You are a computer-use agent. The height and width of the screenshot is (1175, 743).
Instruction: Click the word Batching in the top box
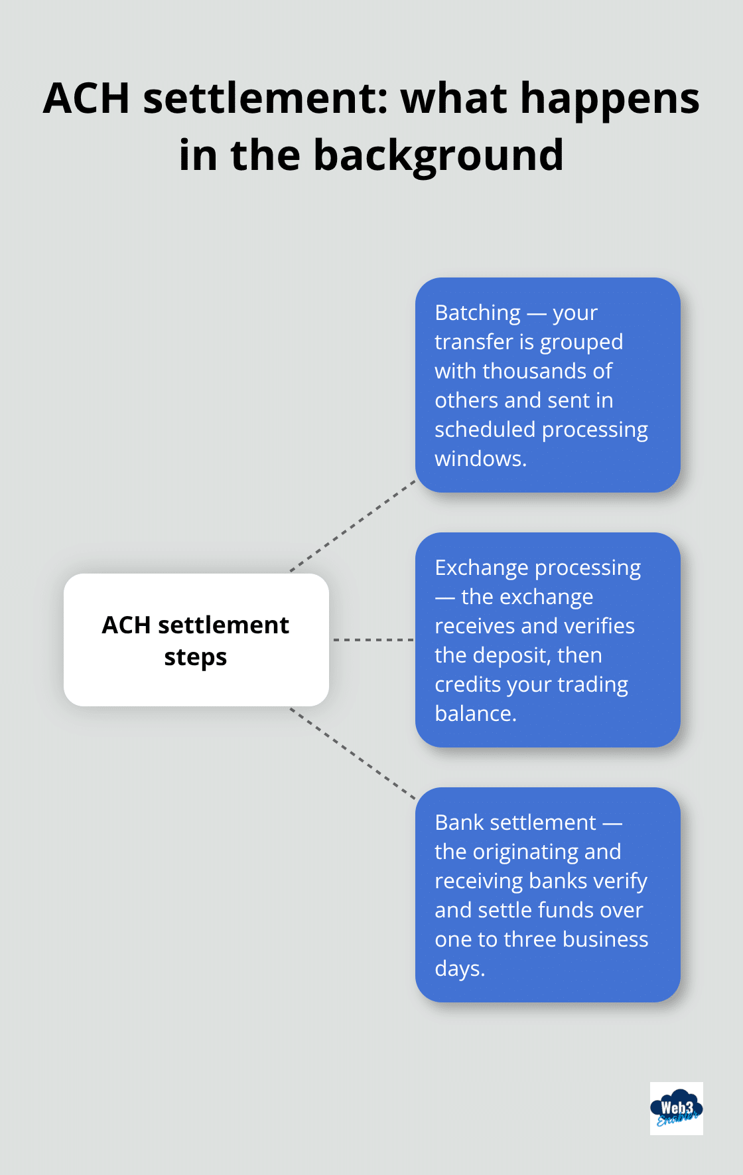(x=478, y=313)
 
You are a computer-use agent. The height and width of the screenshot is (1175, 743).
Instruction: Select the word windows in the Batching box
(x=479, y=459)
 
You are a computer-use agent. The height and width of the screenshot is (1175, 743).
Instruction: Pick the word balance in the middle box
(x=474, y=714)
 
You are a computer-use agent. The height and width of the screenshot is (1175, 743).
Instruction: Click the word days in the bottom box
(x=458, y=969)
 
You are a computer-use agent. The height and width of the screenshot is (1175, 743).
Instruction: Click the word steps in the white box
(x=196, y=657)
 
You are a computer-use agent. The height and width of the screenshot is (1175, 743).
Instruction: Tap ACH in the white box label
(x=126, y=625)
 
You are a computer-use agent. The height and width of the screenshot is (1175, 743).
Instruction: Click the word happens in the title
(x=610, y=98)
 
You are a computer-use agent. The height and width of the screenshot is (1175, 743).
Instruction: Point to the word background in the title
(x=438, y=155)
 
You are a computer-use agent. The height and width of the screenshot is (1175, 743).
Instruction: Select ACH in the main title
(x=86, y=98)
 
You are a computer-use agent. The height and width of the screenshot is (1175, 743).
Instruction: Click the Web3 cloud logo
(x=676, y=1108)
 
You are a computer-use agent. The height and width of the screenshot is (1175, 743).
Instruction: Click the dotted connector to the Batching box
(x=353, y=526)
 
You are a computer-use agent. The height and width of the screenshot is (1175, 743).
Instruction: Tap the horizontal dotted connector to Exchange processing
(x=372, y=640)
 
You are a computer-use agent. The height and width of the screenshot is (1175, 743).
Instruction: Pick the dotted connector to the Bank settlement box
(x=353, y=753)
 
